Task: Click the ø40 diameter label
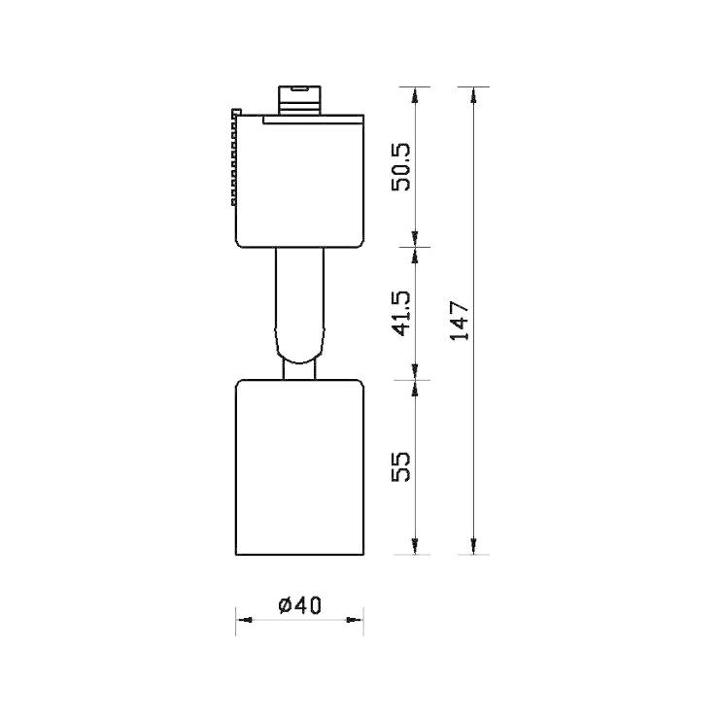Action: click(x=299, y=604)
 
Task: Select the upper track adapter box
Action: click(x=299, y=180)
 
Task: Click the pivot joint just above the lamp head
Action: click(x=299, y=368)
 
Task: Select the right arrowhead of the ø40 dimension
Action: click(x=358, y=619)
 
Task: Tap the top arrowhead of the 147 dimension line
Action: click(x=473, y=93)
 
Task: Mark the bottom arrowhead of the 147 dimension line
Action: click(x=473, y=548)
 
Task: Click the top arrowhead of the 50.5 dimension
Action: click(x=416, y=93)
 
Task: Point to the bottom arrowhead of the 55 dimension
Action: click(x=416, y=548)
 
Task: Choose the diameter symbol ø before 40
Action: click(x=285, y=604)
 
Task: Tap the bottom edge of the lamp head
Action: click(x=299, y=556)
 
